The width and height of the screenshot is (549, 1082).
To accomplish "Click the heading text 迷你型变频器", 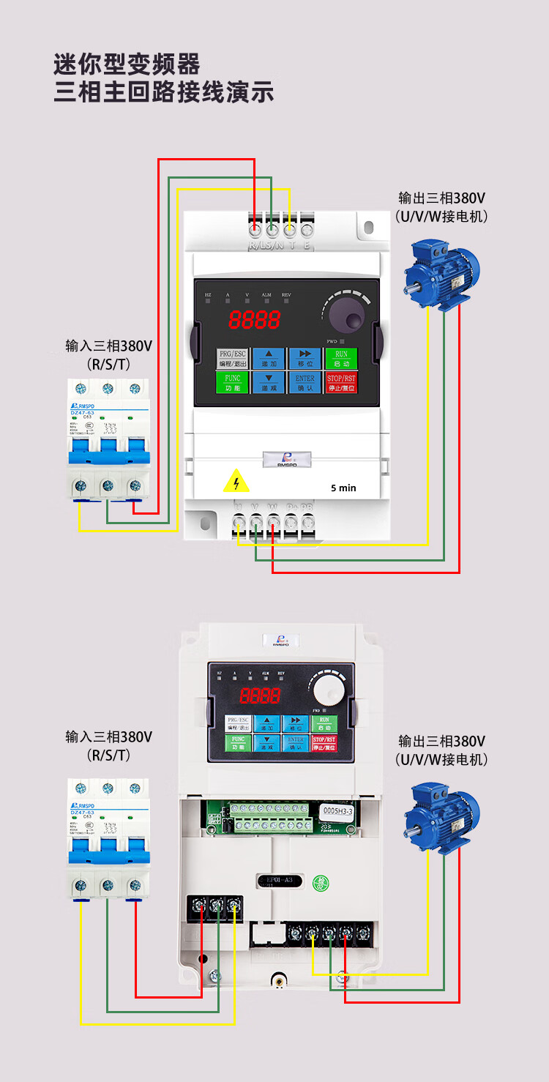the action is pyautogui.click(x=127, y=64).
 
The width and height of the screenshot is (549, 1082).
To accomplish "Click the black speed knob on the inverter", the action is pyautogui.click(x=346, y=318).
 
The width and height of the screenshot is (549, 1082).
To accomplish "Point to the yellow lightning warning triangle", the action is pyautogui.click(x=236, y=482).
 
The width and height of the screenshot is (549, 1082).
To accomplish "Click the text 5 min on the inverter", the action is pyautogui.click(x=343, y=488).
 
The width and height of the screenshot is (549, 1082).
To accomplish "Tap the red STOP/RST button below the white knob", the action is pyautogui.click(x=324, y=744).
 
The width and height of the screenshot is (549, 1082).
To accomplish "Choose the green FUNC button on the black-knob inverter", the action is pyautogui.click(x=233, y=383).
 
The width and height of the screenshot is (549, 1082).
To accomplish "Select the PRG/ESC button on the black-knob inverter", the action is pyautogui.click(x=233, y=359).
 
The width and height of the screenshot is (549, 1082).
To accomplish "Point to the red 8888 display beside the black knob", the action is pyautogui.click(x=254, y=319).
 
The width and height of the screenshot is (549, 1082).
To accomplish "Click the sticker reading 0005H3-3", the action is pyautogui.click(x=338, y=810).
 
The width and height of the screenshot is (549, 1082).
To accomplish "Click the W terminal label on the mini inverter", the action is pyautogui.click(x=273, y=507).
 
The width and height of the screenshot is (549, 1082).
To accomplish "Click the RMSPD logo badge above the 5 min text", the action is pyautogui.click(x=286, y=459).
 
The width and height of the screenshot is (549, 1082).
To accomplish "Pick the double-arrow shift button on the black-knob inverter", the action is pyautogui.click(x=305, y=359).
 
